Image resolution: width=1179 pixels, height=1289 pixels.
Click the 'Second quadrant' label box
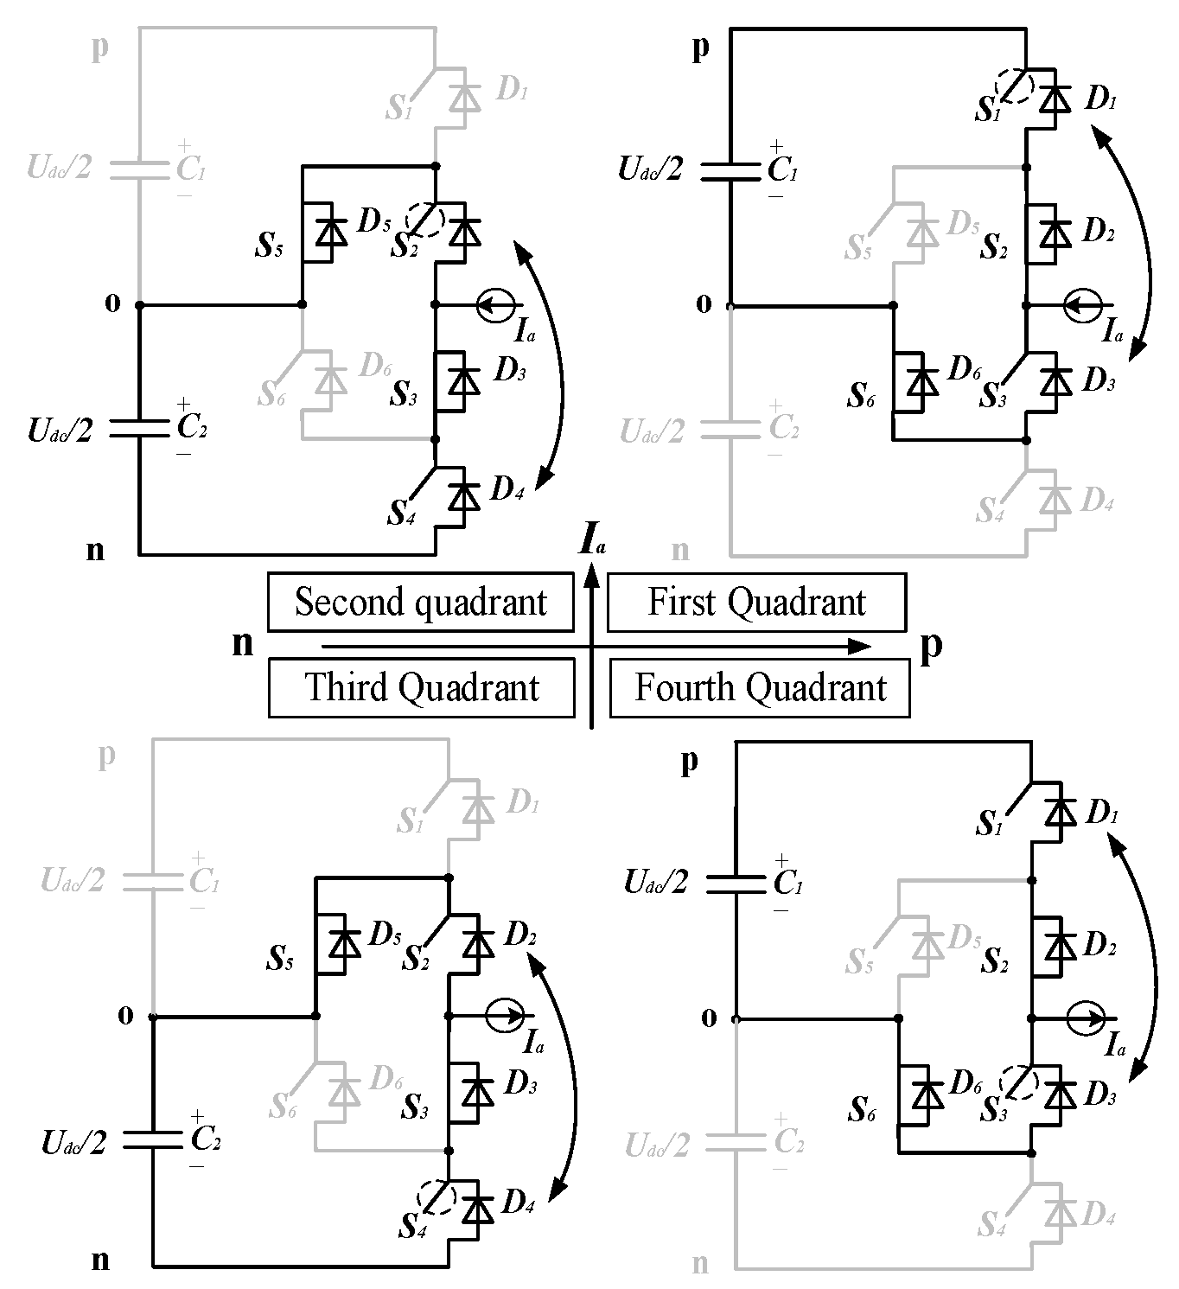point(420,602)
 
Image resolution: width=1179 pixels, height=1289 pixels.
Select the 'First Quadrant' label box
point(756,602)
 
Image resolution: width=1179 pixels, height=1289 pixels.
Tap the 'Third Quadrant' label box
point(421,687)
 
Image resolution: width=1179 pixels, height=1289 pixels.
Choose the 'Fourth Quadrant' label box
point(760,687)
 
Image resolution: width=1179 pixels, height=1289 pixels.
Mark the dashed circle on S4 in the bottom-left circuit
point(436,1196)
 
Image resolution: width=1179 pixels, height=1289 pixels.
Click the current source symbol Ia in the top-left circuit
point(498,305)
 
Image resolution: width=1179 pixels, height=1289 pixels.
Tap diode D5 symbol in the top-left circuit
point(328,232)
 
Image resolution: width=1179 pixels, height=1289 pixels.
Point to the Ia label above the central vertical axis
point(592,543)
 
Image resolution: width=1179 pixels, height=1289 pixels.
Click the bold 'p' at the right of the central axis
point(931,645)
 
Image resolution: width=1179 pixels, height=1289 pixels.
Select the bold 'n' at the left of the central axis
point(243,643)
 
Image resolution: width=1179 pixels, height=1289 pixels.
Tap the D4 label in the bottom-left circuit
point(517,1202)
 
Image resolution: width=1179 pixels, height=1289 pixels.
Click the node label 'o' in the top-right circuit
point(704,303)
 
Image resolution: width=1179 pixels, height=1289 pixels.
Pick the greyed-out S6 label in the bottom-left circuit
point(283,1106)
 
